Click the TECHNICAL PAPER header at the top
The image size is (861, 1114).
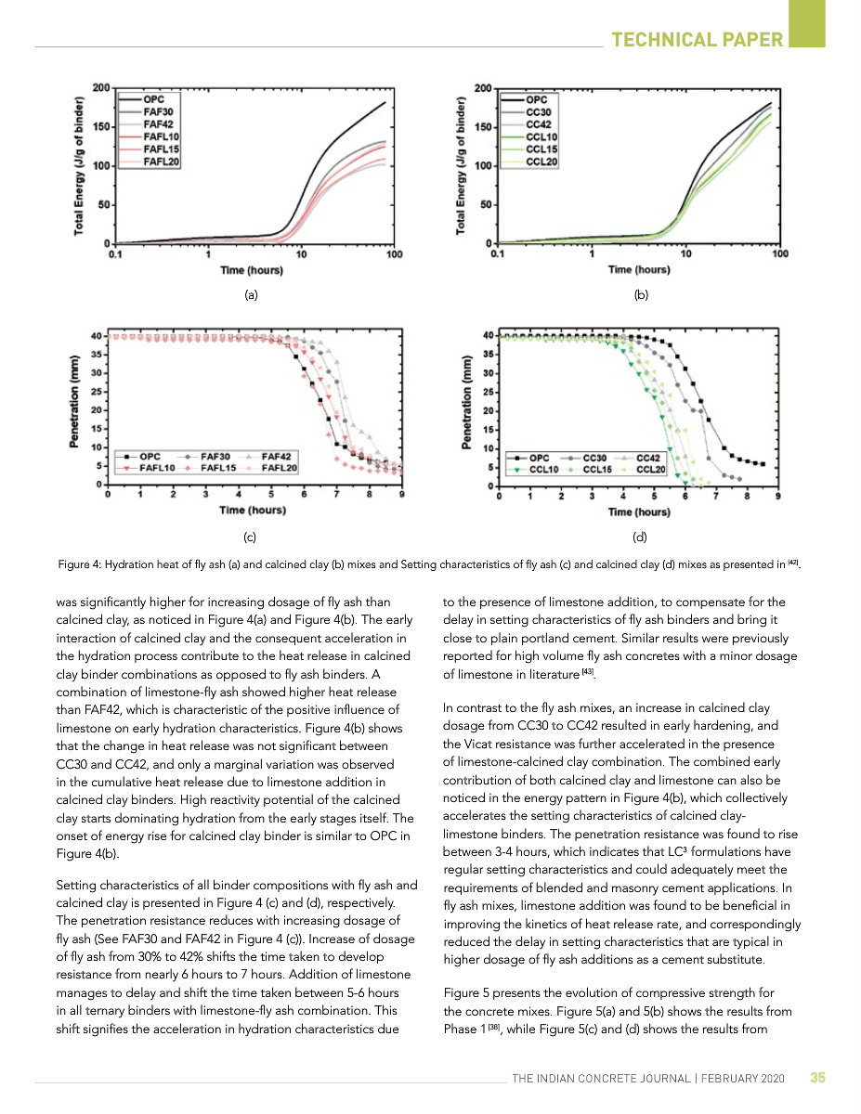pyautogui.click(x=698, y=39)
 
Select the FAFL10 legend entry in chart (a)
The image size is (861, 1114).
pyautogui.click(x=162, y=136)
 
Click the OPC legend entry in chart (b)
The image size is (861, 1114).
pyautogui.click(x=537, y=99)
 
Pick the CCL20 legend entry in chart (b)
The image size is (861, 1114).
pyautogui.click(x=541, y=162)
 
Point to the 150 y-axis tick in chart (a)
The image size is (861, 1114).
pyautogui.click(x=102, y=126)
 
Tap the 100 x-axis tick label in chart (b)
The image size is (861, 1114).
pyautogui.click(x=779, y=253)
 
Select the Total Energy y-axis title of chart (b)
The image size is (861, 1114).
pyautogui.click(x=460, y=165)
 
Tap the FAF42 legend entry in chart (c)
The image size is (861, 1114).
pyautogui.click(x=277, y=457)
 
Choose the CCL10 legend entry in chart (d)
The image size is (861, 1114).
pyautogui.click(x=543, y=470)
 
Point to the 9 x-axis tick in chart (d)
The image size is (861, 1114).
pyautogui.click(x=776, y=498)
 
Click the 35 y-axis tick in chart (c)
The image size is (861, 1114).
pyautogui.click(x=96, y=354)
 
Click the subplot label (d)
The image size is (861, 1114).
pyautogui.click(x=639, y=537)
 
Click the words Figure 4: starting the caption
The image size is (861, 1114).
pyautogui.click(x=79, y=563)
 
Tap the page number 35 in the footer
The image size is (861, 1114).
pyautogui.click(x=817, y=1078)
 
